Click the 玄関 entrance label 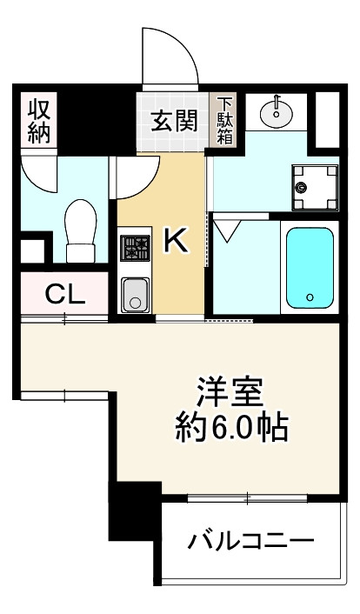[x=174, y=121]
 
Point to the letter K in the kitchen [x=176, y=241]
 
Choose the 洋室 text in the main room [x=230, y=392]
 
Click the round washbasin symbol [x=277, y=111]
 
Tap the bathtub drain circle [x=310, y=298]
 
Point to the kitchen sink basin [x=135, y=294]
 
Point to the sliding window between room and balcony [x=247, y=497]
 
